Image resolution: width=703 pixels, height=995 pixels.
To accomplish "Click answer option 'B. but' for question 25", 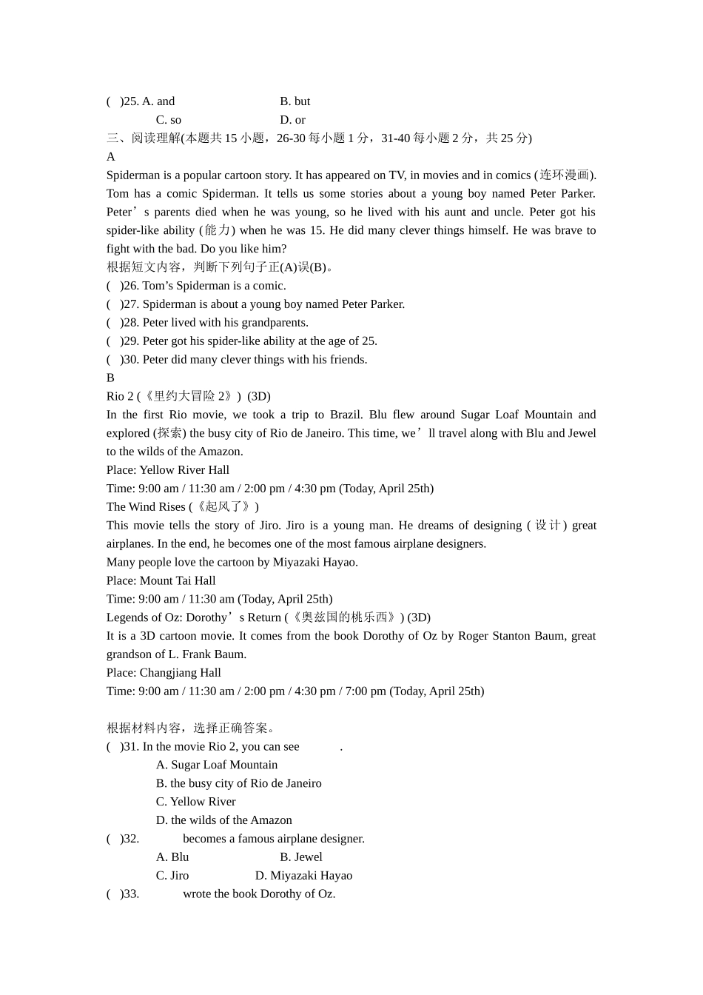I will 295,101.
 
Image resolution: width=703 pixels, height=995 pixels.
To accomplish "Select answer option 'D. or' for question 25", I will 292,120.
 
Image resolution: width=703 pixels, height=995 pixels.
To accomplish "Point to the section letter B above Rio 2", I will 110,378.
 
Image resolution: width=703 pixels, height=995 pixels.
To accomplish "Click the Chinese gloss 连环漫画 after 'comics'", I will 565,175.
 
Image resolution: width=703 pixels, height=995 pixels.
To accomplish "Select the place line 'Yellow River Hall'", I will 168,470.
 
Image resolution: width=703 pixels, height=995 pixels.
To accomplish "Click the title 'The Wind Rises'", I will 146,507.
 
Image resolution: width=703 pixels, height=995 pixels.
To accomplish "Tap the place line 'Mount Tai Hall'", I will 161,580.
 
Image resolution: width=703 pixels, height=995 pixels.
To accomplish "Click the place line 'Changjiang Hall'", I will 164,673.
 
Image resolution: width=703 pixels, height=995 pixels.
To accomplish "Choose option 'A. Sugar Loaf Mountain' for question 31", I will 217,765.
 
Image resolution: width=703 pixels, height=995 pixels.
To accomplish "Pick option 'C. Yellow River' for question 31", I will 195,802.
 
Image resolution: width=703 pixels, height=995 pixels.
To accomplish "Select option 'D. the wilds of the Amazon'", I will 223,820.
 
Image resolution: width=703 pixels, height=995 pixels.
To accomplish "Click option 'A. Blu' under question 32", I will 172,857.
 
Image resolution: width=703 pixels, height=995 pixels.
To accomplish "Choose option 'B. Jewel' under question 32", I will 300,857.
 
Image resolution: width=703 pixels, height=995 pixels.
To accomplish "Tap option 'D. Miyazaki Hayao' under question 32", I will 303,876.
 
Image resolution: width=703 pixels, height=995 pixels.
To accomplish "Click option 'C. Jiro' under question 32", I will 172,876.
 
